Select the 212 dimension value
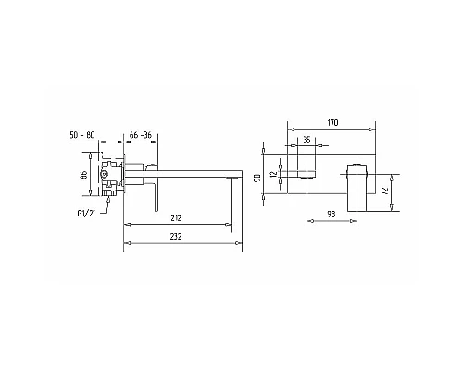pyautogui.click(x=176, y=218)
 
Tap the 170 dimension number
pyautogui.click(x=332, y=123)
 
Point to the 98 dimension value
pyautogui.click(x=332, y=214)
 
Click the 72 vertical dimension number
pyautogui.click(x=384, y=191)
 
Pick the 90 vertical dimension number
pyautogui.click(x=257, y=179)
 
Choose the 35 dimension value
pyautogui.click(x=307, y=141)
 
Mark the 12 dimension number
pyautogui.click(x=273, y=175)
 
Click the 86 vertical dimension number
pyautogui.click(x=83, y=174)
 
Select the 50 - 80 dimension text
pyautogui.click(x=82, y=135)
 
